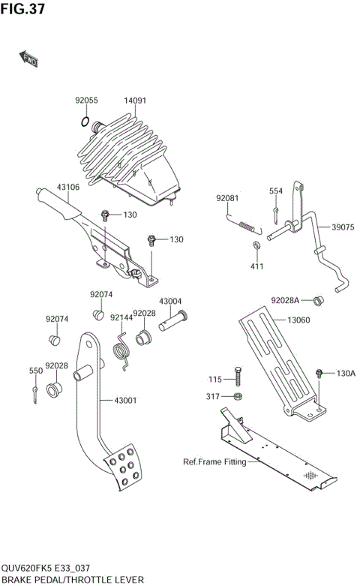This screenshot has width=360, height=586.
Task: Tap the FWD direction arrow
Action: point(29,59)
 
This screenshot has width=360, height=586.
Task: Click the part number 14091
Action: point(135,101)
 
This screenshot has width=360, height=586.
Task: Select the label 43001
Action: point(124,400)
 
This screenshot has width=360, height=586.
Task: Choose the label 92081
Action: point(227,198)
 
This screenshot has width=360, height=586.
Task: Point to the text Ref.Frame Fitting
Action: point(214,462)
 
